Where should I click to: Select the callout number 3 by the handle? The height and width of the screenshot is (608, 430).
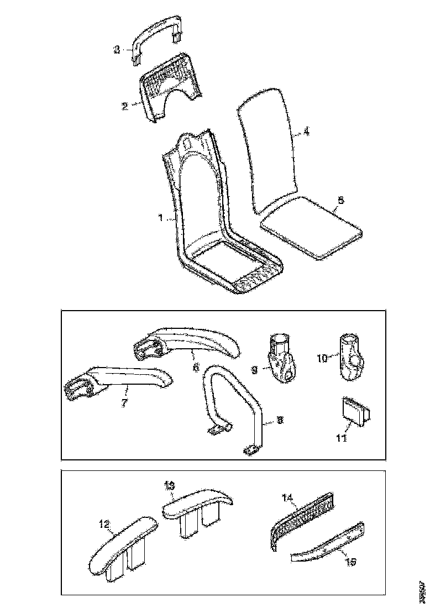(117, 50)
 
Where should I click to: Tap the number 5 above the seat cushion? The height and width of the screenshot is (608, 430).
(340, 201)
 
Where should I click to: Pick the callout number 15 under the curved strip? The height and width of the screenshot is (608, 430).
(350, 562)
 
